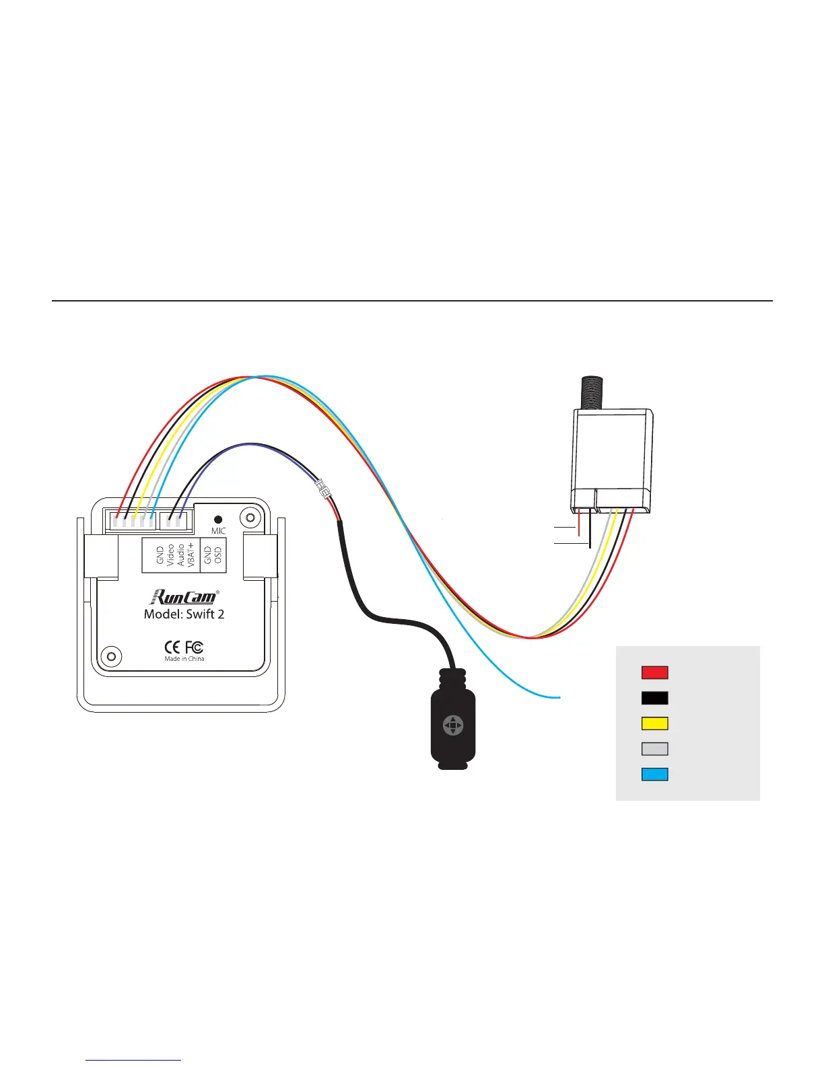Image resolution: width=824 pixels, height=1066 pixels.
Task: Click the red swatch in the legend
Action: tap(654, 672)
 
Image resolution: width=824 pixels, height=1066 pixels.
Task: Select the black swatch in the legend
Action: tap(654, 698)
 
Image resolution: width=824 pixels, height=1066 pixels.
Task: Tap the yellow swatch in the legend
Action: tap(654, 723)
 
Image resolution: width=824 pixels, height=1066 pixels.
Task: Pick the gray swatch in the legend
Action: tap(654, 748)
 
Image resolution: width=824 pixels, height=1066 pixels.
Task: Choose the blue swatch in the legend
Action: tap(654, 774)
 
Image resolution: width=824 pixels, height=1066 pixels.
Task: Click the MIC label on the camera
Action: tap(218, 531)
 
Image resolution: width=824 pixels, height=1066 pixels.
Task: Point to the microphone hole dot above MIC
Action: tap(218, 520)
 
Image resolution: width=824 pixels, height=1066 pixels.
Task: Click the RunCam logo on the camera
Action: tap(184, 596)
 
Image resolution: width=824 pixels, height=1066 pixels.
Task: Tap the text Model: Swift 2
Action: tap(184, 614)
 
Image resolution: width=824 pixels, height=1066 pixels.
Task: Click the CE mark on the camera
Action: tap(172, 647)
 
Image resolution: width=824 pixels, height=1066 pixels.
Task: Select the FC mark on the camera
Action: tap(194, 647)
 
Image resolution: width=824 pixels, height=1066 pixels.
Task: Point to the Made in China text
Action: tap(184, 659)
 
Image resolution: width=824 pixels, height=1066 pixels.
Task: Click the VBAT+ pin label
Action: tap(191, 555)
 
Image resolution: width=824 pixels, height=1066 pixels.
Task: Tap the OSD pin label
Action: tap(217, 555)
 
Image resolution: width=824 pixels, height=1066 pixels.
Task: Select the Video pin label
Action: tap(170, 555)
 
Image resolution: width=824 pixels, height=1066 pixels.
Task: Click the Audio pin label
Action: tap(180, 555)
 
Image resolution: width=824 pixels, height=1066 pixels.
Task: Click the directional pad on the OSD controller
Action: tap(453, 725)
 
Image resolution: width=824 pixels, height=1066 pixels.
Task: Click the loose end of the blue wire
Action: tap(559, 697)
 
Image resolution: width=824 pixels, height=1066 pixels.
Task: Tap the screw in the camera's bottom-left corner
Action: tap(110, 655)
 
